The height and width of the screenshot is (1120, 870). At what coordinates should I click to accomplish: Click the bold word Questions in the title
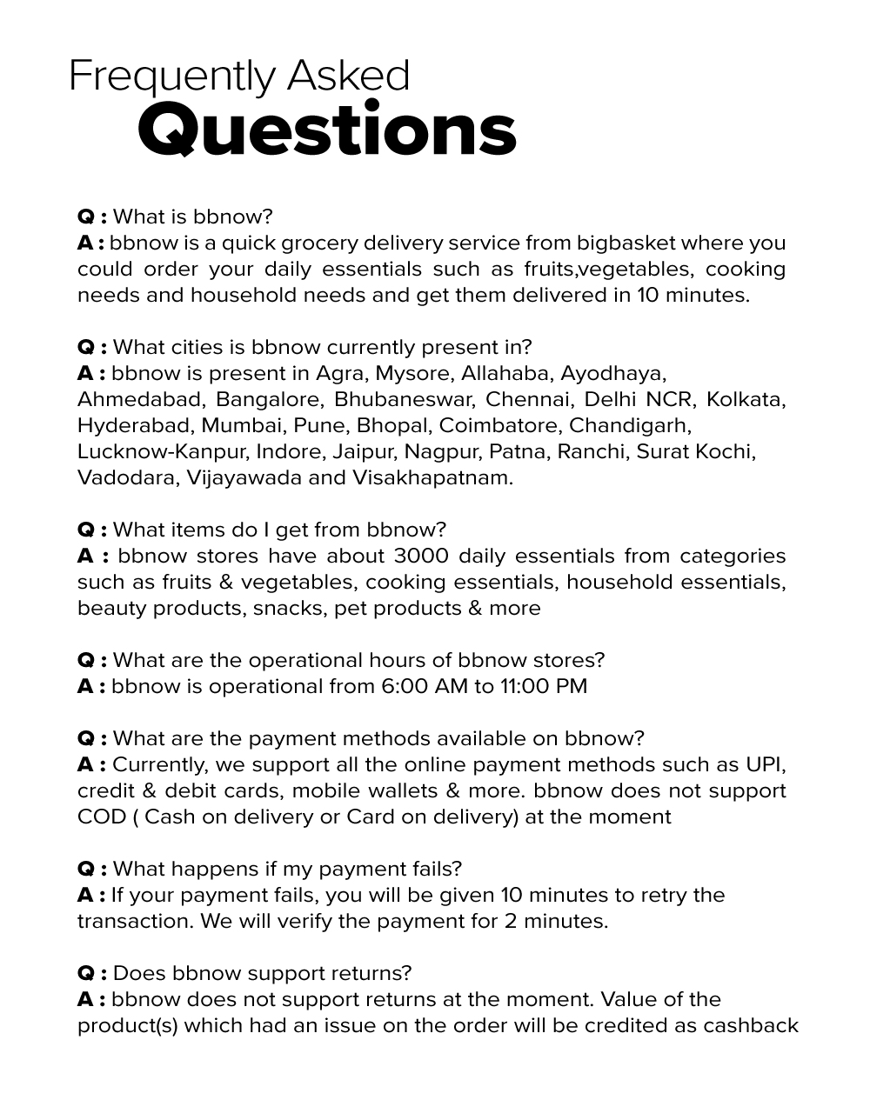326,130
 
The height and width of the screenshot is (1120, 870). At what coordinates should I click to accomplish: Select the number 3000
421,556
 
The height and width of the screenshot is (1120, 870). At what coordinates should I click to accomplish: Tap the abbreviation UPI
766,764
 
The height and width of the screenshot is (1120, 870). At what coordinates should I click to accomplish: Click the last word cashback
750,1025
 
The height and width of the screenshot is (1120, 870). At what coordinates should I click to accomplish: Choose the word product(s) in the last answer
127,1025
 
